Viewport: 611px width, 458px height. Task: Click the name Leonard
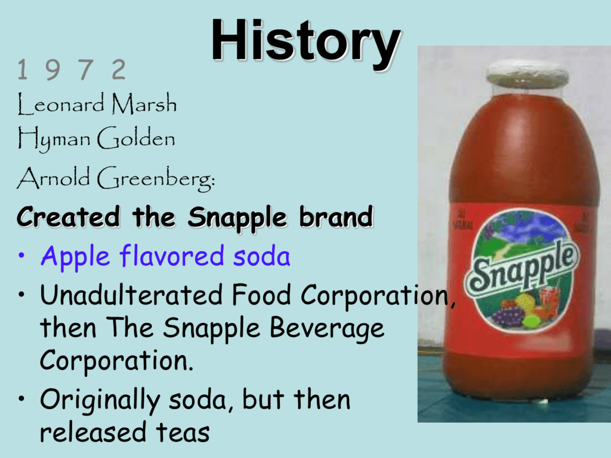click(61, 104)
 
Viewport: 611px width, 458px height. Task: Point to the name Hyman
click(54, 139)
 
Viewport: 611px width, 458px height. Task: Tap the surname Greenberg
click(155, 178)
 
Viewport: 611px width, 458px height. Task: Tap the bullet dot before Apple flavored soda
click(22, 256)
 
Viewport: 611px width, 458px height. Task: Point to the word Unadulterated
click(131, 295)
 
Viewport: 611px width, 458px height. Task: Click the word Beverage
click(327, 329)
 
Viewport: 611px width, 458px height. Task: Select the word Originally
click(100, 401)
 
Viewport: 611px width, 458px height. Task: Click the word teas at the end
click(183, 433)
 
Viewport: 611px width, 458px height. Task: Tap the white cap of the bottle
click(527, 73)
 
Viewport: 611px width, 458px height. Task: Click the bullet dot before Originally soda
click(22, 399)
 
